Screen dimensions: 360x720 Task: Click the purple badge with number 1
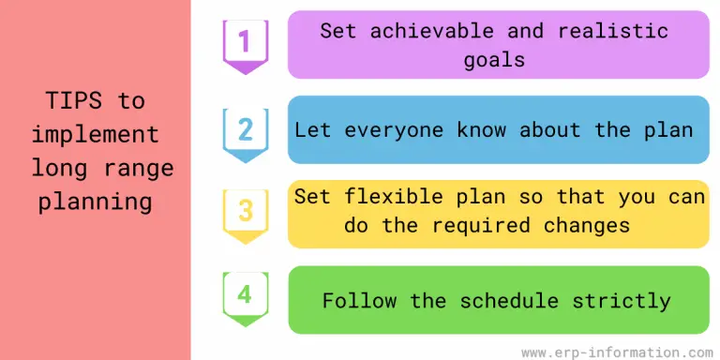pyautogui.click(x=245, y=43)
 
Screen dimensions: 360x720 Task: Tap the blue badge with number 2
pyautogui.click(x=245, y=128)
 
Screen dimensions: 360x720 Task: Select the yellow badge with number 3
pyautogui.click(x=245, y=211)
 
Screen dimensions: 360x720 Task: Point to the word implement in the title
pyautogui.click(x=96, y=135)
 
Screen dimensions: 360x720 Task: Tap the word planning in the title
pyautogui.click(x=96, y=202)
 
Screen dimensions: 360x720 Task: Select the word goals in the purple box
pyautogui.click(x=498, y=60)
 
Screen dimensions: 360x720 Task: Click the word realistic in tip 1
pyautogui.click(x=613, y=30)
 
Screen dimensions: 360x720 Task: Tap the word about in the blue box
pyautogui.click(x=550, y=129)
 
